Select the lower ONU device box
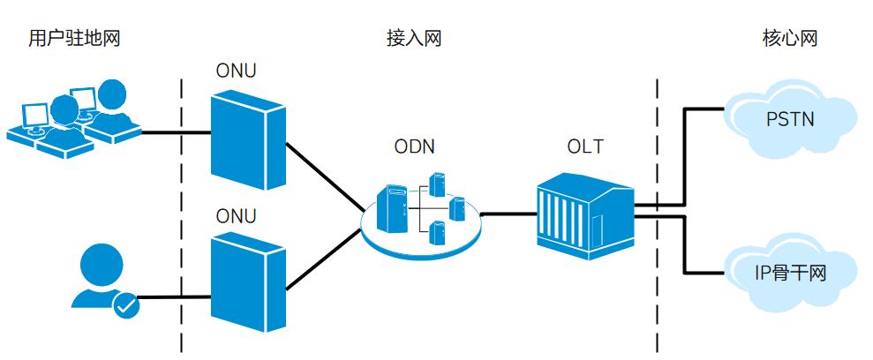tap(247, 281)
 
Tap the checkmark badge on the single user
tap(126, 306)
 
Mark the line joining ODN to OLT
tap(508, 214)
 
